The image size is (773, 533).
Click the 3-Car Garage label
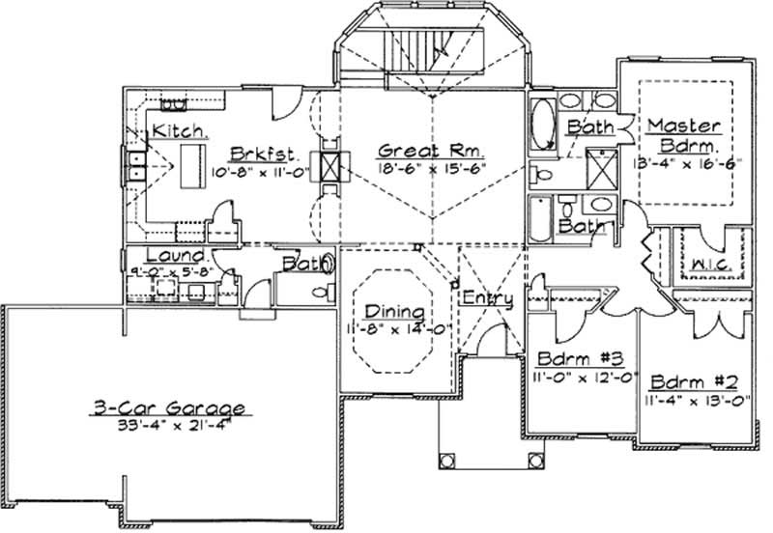(x=170, y=407)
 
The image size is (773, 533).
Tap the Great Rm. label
(x=431, y=151)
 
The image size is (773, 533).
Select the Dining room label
(x=394, y=311)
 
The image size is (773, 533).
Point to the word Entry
(x=487, y=298)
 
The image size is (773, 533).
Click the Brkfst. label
(x=262, y=154)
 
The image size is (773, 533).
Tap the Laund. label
(x=175, y=256)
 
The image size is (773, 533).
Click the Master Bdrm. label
(x=684, y=136)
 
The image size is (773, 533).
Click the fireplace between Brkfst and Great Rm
(x=330, y=167)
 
